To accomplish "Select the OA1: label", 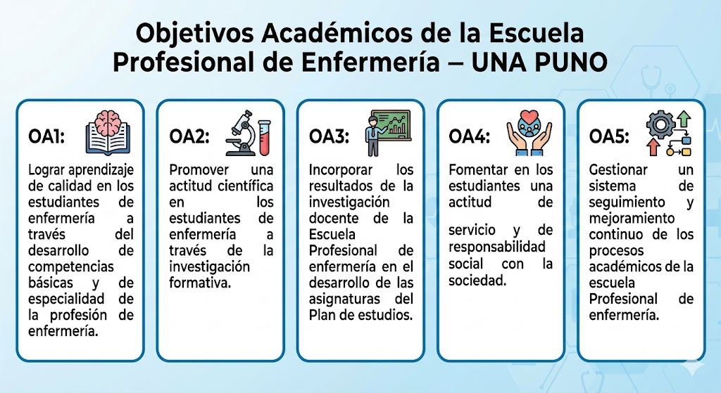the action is (46, 136).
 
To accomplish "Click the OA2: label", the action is (189, 136).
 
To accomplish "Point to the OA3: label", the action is (330, 136).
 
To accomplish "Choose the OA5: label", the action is (609, 136).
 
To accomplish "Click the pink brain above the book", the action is (108, 123).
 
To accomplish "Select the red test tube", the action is (265, 137).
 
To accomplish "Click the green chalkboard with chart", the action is (391, 124).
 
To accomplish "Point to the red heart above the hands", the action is (529, 116).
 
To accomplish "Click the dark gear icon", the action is (660, 124).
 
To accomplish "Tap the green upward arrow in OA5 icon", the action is (684, 119).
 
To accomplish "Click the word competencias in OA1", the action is (71, 267).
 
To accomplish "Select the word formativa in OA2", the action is (200, 283).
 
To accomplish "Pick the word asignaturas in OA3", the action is (344, 299).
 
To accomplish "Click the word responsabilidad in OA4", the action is (497, 247).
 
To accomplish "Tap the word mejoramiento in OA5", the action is (632, 218).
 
